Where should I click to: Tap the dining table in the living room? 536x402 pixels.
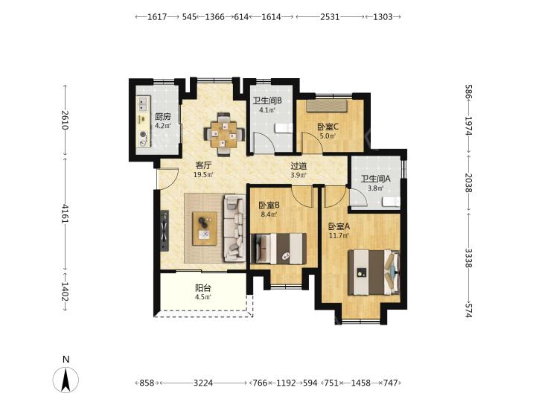point(224,134)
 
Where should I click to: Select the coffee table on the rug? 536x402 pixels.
point(205,229)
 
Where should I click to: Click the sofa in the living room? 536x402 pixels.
point(234,228)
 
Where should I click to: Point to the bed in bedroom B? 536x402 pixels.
point(278,249)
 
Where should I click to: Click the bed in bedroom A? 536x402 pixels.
point(374,272)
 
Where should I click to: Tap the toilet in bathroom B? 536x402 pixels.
point(284,128)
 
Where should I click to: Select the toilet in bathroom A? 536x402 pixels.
point(391,202)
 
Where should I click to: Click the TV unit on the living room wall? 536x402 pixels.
point(165,231)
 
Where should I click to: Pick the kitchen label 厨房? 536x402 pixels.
point(162,117)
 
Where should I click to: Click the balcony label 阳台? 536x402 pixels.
point(203,288)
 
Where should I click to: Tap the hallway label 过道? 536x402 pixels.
point(299,166)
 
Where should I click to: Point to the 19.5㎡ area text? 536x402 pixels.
point(203,175)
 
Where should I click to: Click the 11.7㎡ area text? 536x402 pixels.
point(339,235)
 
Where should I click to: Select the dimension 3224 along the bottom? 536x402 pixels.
point(203,383)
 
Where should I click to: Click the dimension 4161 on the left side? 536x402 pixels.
point(65,214)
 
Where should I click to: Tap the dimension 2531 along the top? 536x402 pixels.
point(330,16)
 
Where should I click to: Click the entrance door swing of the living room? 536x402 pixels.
point(167,179)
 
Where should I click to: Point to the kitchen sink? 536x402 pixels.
point(143,103)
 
